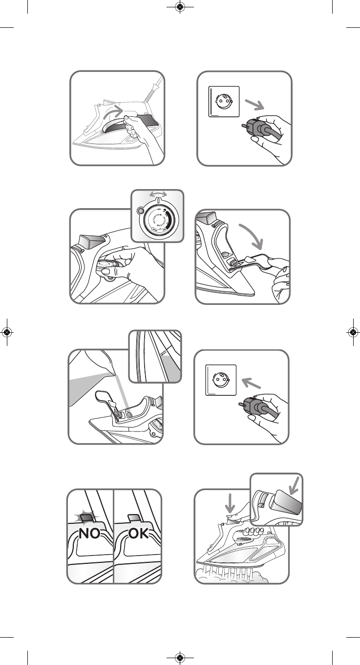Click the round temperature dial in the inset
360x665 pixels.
[157, 220]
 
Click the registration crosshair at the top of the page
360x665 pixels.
[180, 7]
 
